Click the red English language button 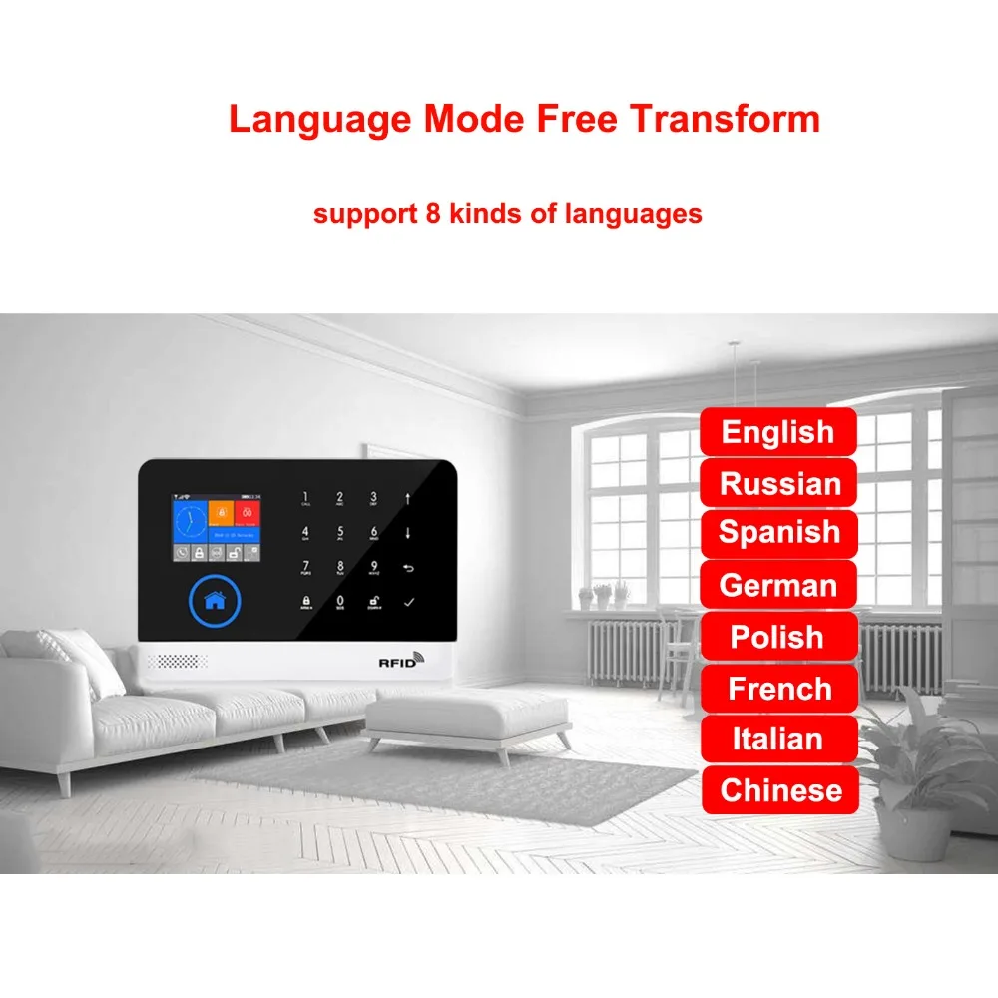pos(777,432)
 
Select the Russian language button pos(779,484)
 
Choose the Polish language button pos(777,637)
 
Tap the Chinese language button pos(780,790)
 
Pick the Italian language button pos(777,740)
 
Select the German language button pos(777,585)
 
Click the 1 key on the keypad pos(305,498)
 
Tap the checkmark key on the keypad pos(407,602)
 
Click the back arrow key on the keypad pos(407,568)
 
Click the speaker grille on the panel pos(180,662)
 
